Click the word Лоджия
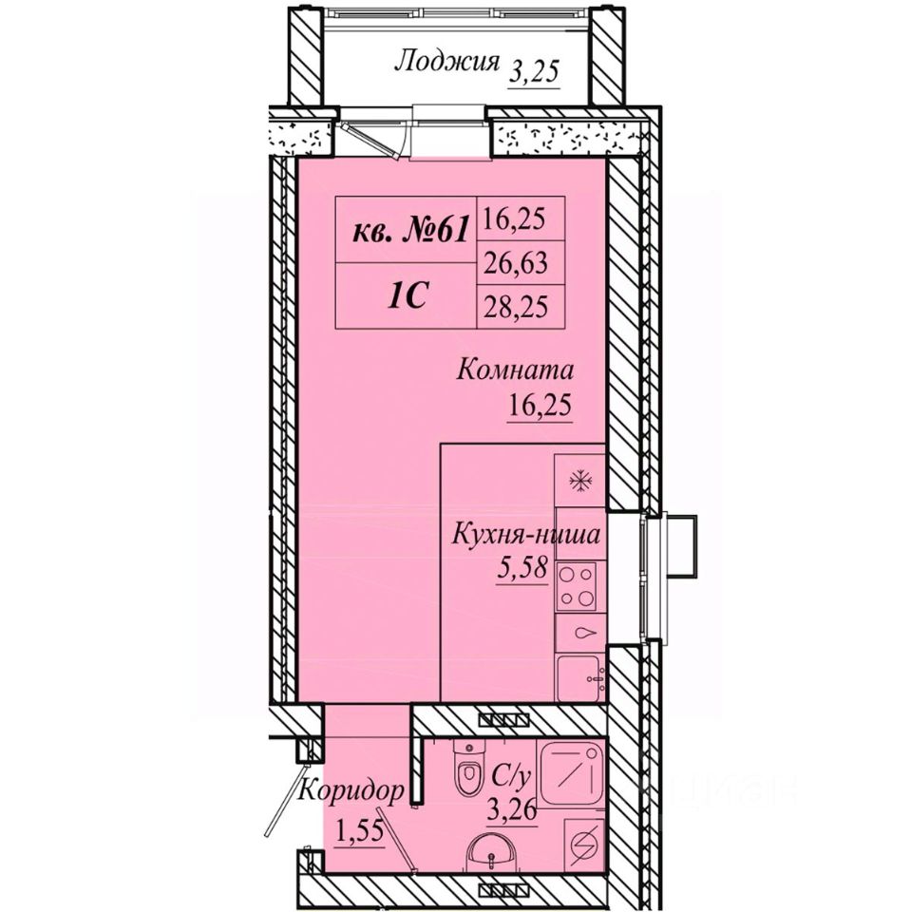446,62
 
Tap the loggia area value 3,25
534,73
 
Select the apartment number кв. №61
410,233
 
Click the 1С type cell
408,297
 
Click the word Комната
516,370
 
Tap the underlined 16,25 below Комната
540,405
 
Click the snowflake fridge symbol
580,482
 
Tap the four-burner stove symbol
576,586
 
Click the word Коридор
352,791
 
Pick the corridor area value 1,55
360,830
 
